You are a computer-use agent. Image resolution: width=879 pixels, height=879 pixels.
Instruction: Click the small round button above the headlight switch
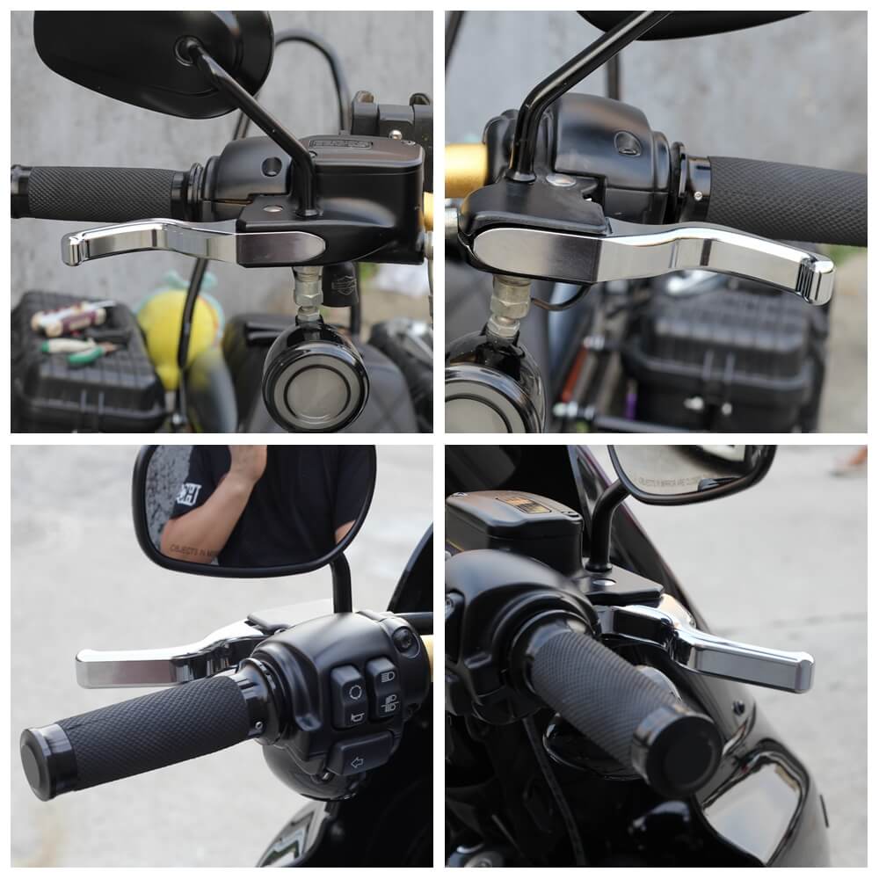405,641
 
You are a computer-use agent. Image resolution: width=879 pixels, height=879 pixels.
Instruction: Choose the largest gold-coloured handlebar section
466,169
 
